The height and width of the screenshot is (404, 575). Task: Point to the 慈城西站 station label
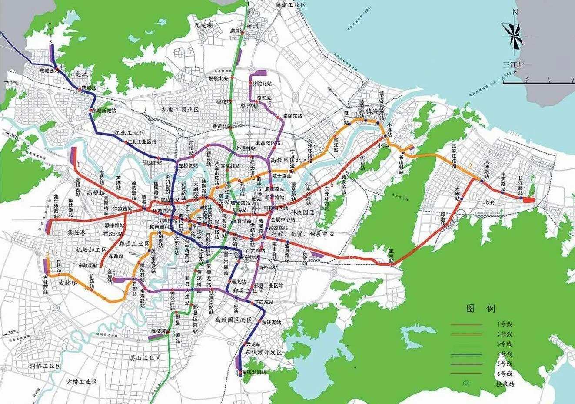pyautogui.click(x=48, y=71)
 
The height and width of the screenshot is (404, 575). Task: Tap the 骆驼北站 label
pyautogui.click(x=262, y=83)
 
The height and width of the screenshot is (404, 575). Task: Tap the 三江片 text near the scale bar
pyautogui.click(x=513, y=65)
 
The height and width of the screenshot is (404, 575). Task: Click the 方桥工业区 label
pyautogui.click(x=81, y=381)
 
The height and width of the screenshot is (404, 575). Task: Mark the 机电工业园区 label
pyautogui.click(x=180, y=110)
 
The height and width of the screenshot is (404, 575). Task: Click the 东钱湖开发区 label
pyautogui.click(x=263, y=352)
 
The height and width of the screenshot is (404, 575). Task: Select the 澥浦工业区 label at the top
pyautogui.click(x=291, y=4)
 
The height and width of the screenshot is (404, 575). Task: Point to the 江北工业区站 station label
pyautogui.click(x=141, y=142)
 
